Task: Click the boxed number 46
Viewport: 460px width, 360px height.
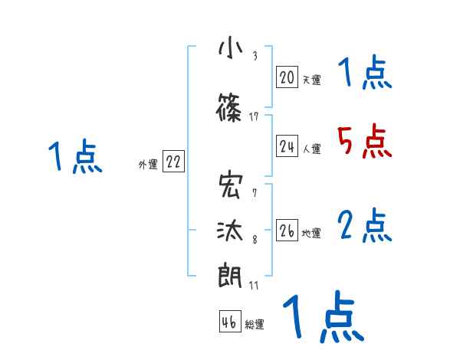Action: tap(229, 322)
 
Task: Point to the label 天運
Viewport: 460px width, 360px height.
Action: tap(310, 78)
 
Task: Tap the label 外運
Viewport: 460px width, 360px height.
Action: tap(148, 164)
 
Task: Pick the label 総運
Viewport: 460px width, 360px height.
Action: tap(255, 325)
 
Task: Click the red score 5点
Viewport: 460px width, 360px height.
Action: tap(364, 142)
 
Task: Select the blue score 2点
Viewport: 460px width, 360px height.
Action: tap(365, 226)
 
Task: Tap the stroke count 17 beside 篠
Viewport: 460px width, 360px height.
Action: tap(255, 116)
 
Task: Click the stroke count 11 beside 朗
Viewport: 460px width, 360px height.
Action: tap(255, 285)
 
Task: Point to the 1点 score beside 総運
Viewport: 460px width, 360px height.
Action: tap(322, 316)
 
